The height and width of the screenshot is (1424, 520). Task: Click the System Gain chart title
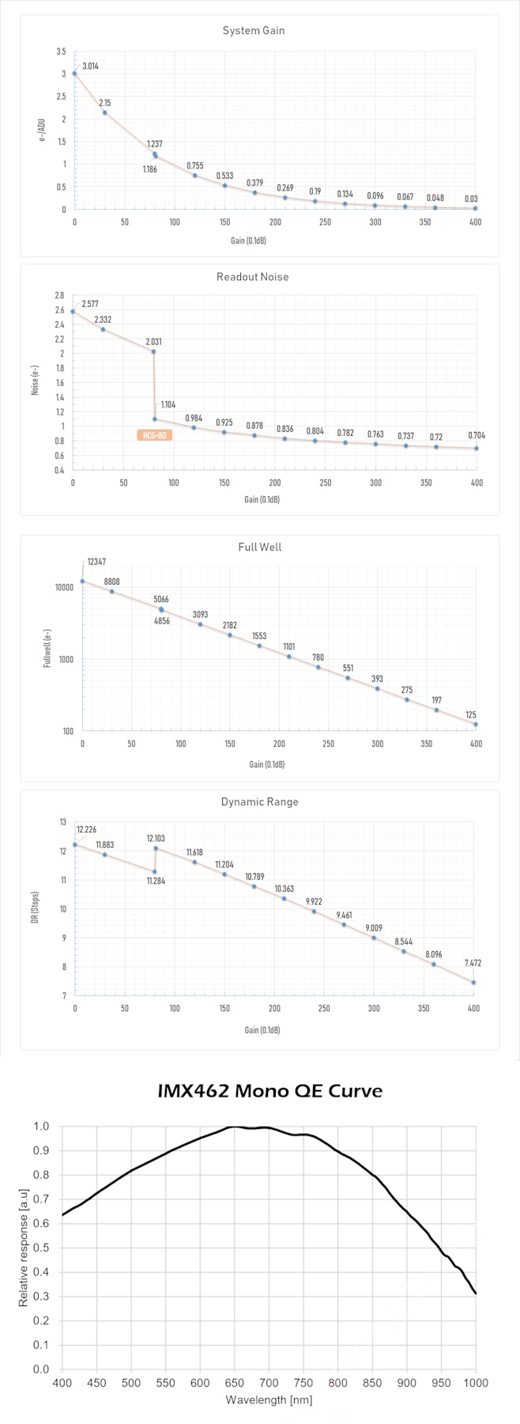click(253, 31)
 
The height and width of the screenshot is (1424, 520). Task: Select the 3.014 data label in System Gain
click(91, 66)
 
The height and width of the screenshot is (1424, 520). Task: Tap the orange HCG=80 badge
click(154, 435)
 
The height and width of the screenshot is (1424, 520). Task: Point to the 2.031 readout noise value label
click(153, 342)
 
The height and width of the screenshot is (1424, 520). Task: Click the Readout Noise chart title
click(252, 277)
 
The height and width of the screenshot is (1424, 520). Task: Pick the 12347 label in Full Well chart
click(96, 562)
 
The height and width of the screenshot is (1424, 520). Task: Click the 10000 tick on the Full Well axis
click(63, 587)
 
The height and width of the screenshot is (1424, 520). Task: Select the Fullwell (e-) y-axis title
click(47, 648)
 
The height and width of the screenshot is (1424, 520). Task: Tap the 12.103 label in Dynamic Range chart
click(156, 838)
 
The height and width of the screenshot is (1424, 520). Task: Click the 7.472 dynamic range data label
click(473, 963)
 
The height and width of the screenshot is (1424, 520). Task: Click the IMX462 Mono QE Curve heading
click(269, 1091)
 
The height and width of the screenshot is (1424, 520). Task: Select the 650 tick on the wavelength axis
click(234, 1383)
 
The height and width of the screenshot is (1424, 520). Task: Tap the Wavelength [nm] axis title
click(269, 1399)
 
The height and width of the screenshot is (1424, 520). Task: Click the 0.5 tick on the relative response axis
click(41, 1248)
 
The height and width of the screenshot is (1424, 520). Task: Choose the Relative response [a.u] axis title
click(24, 1248)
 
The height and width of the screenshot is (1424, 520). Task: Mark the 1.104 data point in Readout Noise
click(154, 419)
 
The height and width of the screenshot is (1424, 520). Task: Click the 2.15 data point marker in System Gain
click(104, 112)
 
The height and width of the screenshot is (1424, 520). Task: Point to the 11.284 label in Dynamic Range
click(156, 881)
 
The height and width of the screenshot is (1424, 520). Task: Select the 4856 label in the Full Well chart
click(161, 621)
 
